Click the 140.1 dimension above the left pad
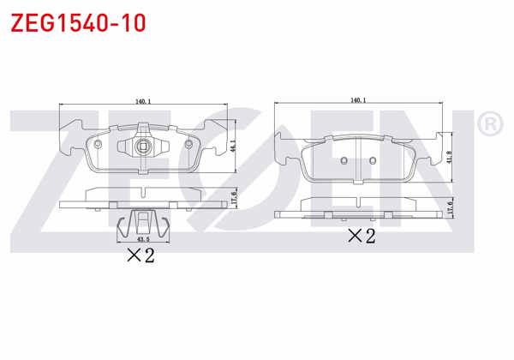[x=143, y=101]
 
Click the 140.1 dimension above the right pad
[x=358, y=99]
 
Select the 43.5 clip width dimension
[x=142, y=239]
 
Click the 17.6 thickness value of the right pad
[x=449, y=206]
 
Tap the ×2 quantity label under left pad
[x=140, y=255]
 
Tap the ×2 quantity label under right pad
[x=361, y=237]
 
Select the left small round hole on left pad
[x=100, y=142]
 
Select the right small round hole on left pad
[x=187, y=142]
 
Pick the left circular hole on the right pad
[x=343, y=161]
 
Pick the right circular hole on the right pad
[x=372, y=161]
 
